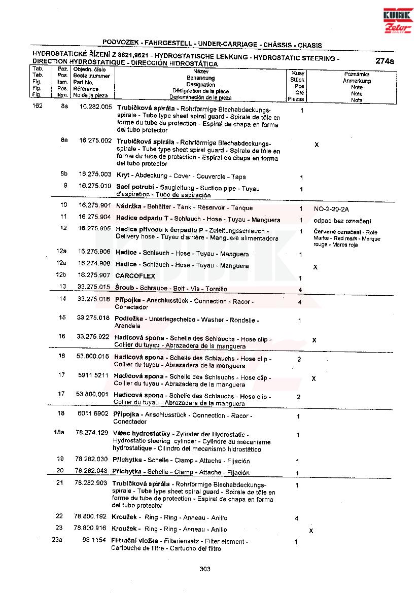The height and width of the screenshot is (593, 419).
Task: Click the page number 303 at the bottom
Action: [205, 569]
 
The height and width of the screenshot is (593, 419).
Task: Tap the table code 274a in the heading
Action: [385, 61]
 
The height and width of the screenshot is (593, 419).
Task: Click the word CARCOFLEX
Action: [135, 276]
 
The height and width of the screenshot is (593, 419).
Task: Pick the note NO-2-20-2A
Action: [332, 208]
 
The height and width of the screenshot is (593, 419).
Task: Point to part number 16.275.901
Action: [94, 205]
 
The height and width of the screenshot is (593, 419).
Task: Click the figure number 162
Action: [37, 107]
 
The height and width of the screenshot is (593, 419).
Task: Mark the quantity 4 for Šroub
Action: [300, 290]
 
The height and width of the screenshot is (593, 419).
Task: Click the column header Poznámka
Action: [357, 74]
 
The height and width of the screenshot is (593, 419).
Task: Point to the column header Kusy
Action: [298, 74]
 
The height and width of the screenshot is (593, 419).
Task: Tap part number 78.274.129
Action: [91, 432]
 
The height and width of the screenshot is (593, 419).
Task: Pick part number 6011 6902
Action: [93, 413]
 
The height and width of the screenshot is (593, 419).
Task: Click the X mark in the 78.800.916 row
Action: [311, 531]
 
